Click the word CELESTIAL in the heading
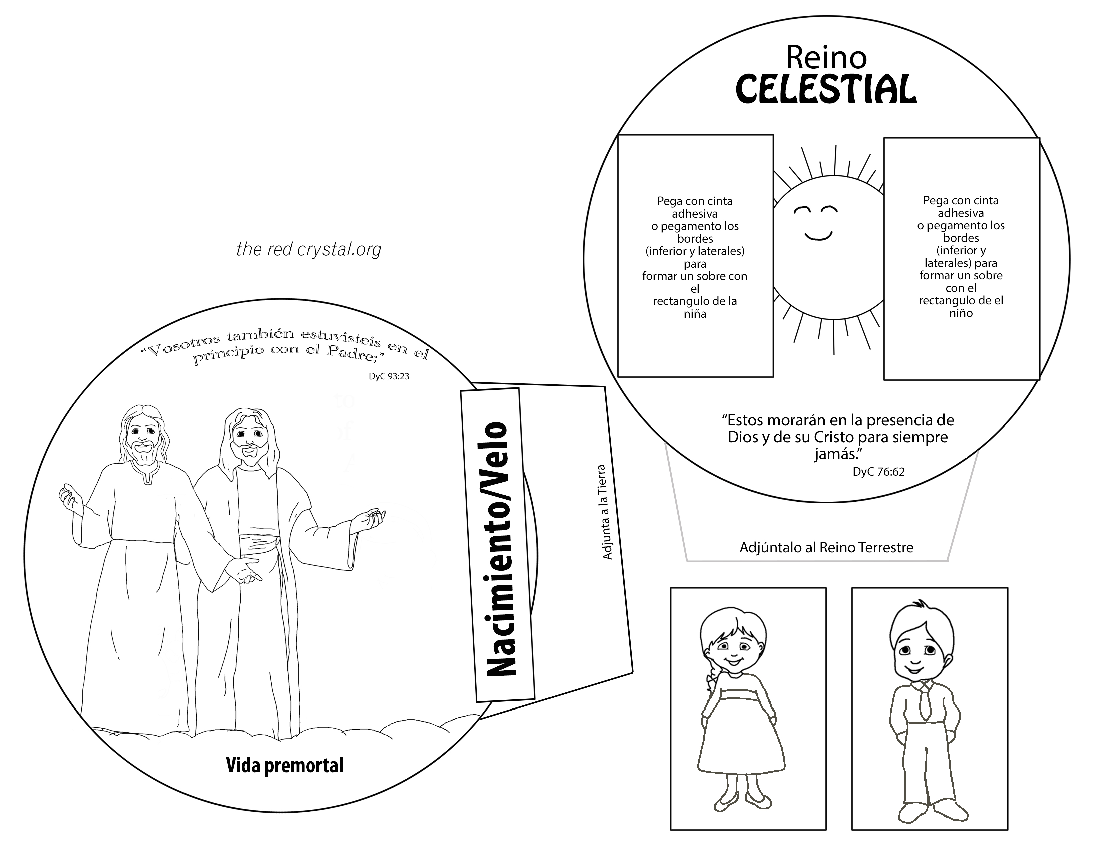pos(826,90)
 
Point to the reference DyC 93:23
pos(389,376)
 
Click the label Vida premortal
pos(284,765)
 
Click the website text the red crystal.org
pos(309,249)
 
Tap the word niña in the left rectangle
pos(695,314)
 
